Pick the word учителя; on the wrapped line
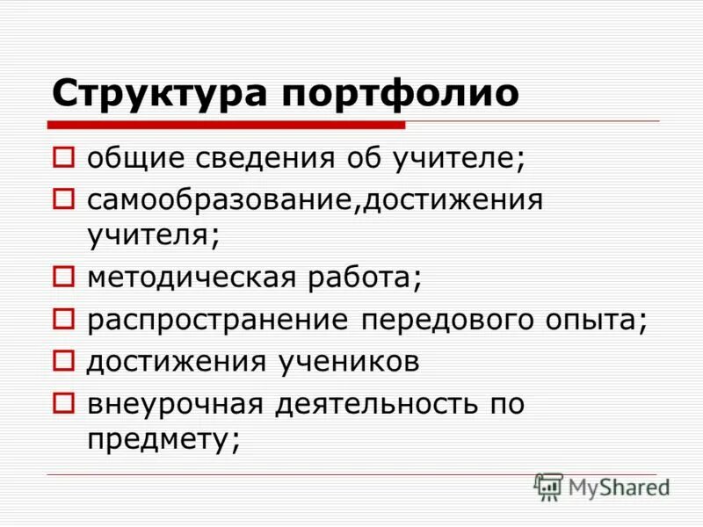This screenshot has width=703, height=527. tap(152, 235)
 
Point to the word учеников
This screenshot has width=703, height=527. tap(353, 359)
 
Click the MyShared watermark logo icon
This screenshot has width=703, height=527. tap(548, 486)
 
